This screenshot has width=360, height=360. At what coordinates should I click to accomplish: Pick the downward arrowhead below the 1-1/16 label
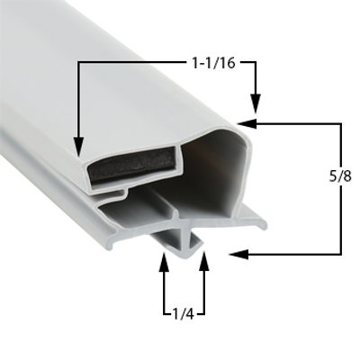tap(256, 105)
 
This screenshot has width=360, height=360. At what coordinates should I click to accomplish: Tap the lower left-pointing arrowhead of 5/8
tap(236, 255)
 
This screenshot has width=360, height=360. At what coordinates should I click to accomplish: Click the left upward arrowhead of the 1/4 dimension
tap(164, 264)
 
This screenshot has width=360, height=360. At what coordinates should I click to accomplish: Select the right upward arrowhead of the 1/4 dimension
tap(204, 264)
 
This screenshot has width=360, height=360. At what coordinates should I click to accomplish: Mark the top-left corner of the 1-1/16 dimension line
tap(78, 63)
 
